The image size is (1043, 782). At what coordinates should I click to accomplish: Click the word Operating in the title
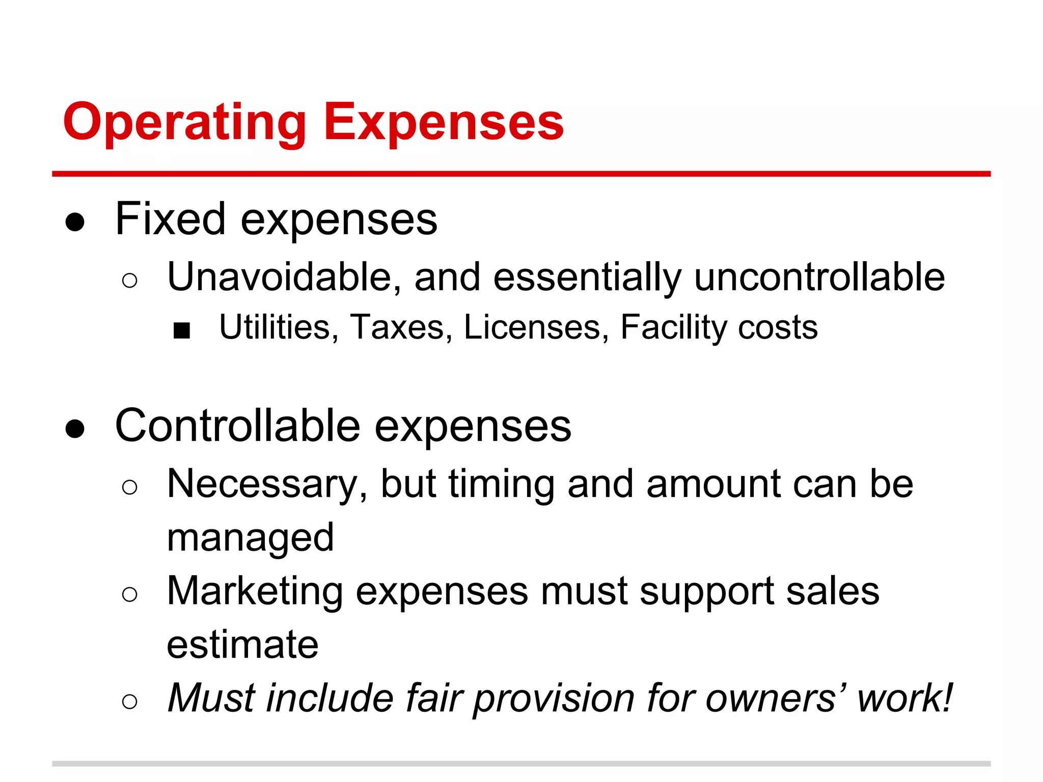tap(184, 123)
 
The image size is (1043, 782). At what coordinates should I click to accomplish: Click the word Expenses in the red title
tap(444, 123)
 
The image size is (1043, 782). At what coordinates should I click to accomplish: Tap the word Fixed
tap(170, 219)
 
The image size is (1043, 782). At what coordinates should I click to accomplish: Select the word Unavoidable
tap(279, 277)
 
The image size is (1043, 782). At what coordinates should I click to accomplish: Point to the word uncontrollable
tap(819, 277)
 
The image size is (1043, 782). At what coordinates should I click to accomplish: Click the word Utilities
tap(275, 327)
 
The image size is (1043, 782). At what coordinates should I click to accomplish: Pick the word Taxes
tap(397, 327)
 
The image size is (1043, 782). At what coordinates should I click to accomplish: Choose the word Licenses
tap(532, 327)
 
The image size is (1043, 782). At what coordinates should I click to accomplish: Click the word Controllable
tap(238, 426)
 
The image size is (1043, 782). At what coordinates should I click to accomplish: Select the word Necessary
tap(262, 485)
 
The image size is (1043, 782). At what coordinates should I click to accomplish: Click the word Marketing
tap(255, 592)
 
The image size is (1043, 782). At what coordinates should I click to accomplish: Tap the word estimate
tap(243, 645)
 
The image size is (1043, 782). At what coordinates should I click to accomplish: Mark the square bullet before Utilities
tap(182, 331)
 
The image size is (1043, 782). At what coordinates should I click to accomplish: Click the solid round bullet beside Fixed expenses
tap(75, 222)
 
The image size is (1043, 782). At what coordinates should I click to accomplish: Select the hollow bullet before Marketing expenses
tap(130, 594)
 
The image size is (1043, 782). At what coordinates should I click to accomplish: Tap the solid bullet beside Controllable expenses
tap(75, 429)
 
